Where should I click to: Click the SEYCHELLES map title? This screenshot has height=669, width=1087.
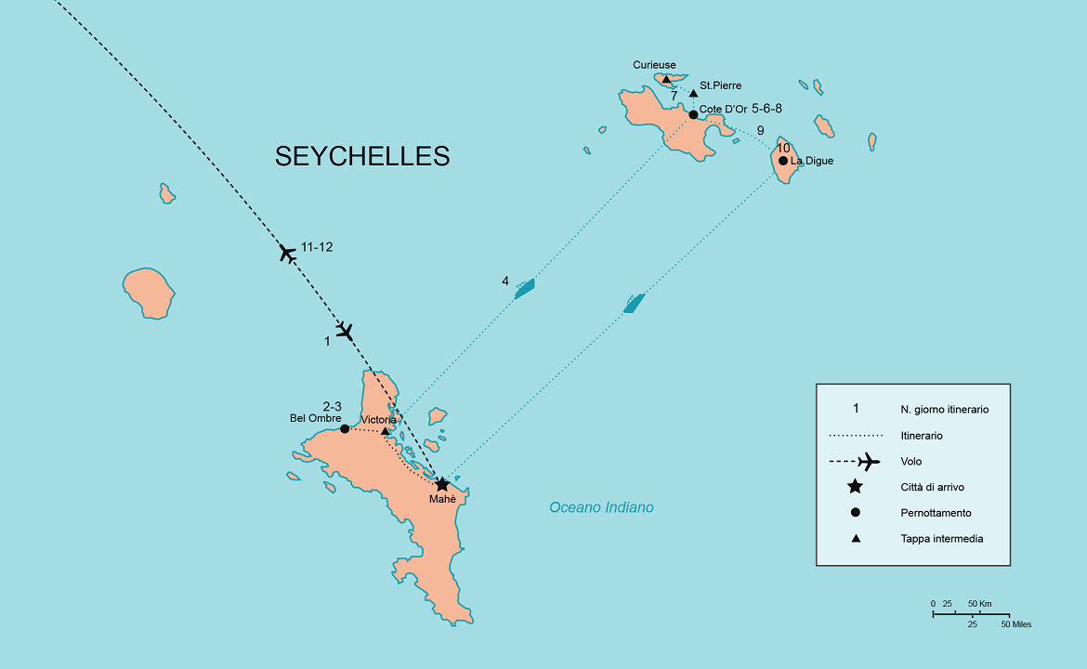[x=362, y=156]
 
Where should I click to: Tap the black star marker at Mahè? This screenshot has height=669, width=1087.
[x=442, y=484]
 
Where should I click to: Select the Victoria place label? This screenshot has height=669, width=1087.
[x=379, y=420]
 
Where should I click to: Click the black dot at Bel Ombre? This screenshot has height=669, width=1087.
[x=345, y=428]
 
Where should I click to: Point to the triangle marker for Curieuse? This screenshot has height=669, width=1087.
[x=666, y=80]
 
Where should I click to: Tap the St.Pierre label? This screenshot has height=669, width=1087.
[x=721, y=85]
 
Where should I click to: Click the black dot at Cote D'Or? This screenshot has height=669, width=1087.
[x=693, y=114]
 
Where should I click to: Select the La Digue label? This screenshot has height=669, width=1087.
[x=812, y=161]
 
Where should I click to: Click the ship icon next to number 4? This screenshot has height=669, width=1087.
[x=525, y=287]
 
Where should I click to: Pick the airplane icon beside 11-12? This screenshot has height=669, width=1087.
[x=288, y=252]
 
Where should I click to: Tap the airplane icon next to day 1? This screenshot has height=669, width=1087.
[x=346, y=331]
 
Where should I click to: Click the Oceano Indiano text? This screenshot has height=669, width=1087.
[x=601, y=507]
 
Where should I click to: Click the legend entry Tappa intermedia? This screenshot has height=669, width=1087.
[x=941, y=539]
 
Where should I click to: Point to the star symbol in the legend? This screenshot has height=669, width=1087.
[x=855, y=487]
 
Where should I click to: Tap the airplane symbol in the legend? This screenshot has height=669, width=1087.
[x=867, y=461]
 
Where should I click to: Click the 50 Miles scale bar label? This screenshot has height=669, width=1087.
[x=1015, y=624]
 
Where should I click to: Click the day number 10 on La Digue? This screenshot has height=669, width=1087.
[x=783, y=149]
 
